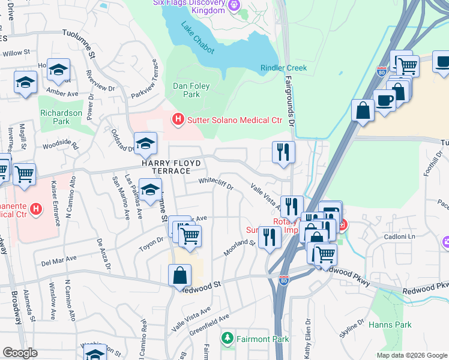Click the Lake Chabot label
(197, 38)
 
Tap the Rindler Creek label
(283, 68)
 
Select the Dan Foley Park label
(191, 90)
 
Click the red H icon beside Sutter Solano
(177, 120)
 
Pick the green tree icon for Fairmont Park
(227, 339)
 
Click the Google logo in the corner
(20, 353)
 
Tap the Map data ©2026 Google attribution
(411, 355)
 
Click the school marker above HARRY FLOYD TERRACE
(145, 143)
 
